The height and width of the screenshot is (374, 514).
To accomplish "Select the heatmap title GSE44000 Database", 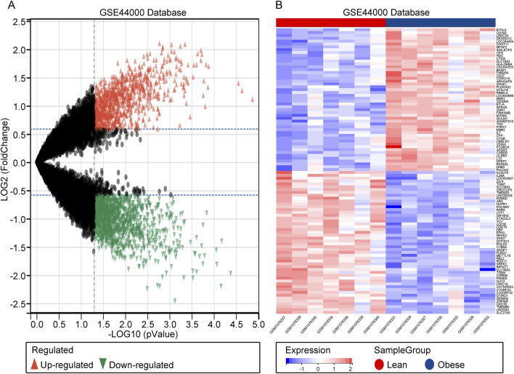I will [x=386, y=12].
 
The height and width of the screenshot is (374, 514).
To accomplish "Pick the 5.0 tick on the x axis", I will [x=258, y=318].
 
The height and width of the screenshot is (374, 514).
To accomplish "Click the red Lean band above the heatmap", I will [x=330, y=23].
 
